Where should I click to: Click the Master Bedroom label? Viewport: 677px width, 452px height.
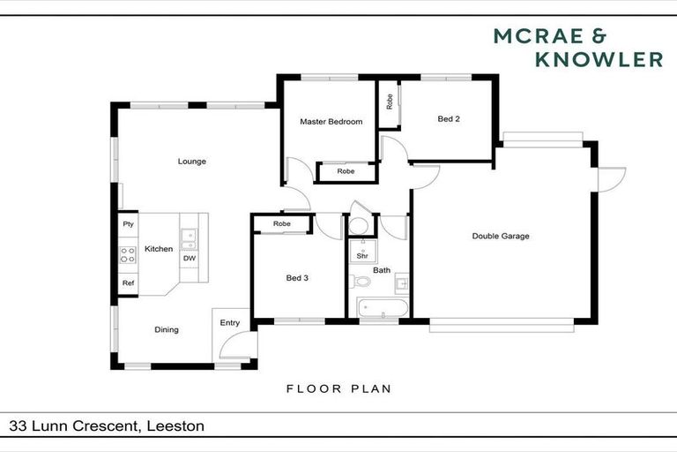point(331,122)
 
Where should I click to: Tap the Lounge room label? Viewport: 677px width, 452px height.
point(191,162)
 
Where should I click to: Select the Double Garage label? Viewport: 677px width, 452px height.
point(500,237)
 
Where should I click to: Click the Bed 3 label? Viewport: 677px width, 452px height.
point(296,278)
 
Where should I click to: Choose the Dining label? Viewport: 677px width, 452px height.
point(167,330)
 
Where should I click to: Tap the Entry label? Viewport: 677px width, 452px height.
point(229,323)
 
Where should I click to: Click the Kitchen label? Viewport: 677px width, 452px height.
point(159,249)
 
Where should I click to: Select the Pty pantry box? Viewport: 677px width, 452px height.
point(128,224)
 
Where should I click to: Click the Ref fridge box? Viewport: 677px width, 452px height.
point(128,283)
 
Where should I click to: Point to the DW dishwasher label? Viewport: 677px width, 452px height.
point(189,259)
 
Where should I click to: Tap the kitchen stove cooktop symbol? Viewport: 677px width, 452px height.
point(128,256)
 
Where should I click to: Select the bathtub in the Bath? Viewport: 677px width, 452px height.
point(383,308)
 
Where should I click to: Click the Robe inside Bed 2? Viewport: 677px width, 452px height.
point(390,102)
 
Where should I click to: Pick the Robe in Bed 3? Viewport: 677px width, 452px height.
point(281,224)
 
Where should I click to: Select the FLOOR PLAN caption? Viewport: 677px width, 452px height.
point(338,388)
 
